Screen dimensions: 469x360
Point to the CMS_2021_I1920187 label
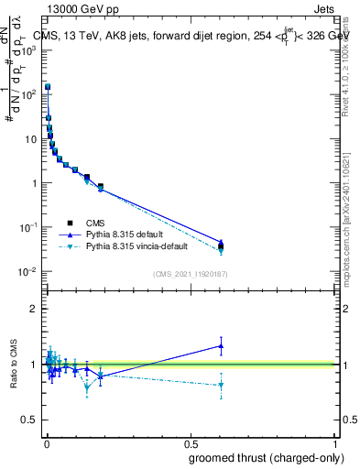[x=190, y=274]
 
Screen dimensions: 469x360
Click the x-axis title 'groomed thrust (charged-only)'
[x=267, y=457]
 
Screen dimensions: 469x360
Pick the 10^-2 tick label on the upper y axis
[x=27, y=271]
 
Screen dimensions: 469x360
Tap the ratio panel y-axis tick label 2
[x=34, y=309]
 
